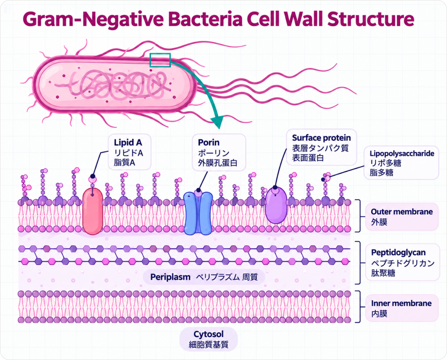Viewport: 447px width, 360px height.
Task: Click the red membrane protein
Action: (x=93, y=211)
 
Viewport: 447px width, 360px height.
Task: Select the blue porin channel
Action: (x=198, y=213)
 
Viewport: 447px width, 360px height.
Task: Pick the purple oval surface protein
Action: (x=276, y=206)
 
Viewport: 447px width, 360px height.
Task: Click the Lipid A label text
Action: (x=128, y=142)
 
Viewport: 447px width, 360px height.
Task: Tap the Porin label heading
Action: (x=209, y=142)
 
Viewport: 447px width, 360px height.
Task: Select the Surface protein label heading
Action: (x=321, y=138)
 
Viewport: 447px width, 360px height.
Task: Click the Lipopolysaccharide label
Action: (x=402, y=153)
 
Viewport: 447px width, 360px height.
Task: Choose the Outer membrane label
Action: (x=402, y=212)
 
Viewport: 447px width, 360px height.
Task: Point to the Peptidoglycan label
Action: (x=398, y=253)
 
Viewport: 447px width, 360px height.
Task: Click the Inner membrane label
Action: (x=401, y=303)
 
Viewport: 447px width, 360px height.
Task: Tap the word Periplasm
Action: (x=170, y=277)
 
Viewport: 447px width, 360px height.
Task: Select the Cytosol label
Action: (x=208, y=334)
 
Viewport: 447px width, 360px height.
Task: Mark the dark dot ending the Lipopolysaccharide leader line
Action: (x=323, y=179)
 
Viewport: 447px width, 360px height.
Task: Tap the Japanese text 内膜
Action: (x=379, y=314)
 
